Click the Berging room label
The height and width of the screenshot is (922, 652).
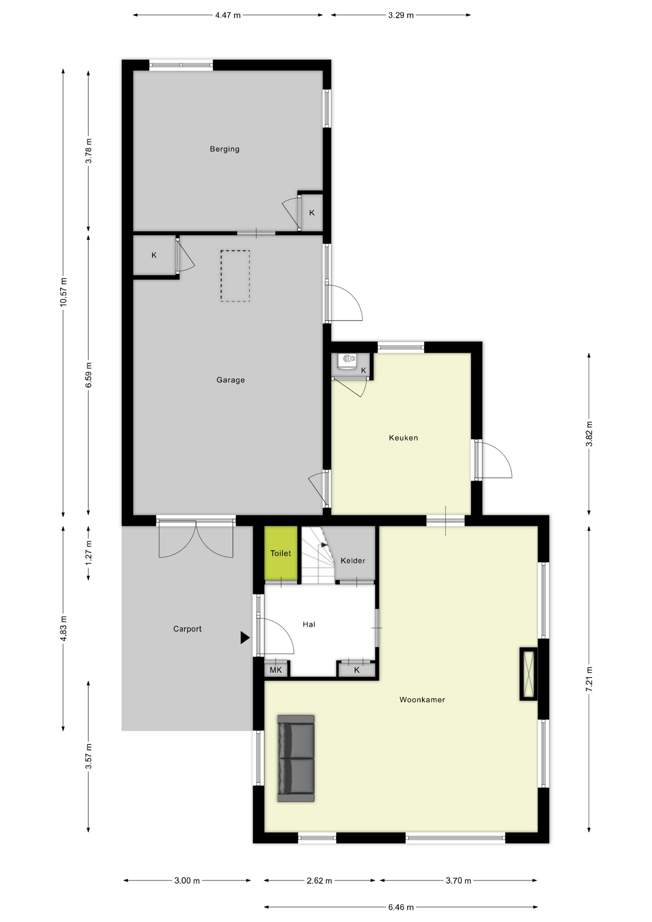click(224, 149)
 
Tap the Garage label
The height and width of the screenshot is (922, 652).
click(230, 380)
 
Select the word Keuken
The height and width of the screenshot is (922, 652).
click(403, 437)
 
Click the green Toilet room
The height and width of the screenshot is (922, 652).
click(281, 553)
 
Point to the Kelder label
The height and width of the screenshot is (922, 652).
click(353, 560)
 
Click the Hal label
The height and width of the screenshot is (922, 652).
click(309, 624)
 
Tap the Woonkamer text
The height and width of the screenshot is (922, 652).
click(422, 700)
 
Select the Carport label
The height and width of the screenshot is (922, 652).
click(187, 629)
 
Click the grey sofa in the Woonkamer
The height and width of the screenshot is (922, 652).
click(296, 758)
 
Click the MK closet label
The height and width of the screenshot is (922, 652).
click(276, 670)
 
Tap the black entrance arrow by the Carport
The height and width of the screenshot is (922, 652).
click(245, 638)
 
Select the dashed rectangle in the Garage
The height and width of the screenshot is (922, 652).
click(235, 276)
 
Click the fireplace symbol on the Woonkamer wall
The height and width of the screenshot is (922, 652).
click(529, 674)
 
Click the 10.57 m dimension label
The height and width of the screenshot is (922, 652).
click(63, 292)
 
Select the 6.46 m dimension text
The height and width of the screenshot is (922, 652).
click(400, 907)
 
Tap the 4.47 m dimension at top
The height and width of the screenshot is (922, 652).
click(228, 15)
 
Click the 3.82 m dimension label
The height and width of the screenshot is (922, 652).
click(589, 434)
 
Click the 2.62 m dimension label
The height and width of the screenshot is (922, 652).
click(319, 881)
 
